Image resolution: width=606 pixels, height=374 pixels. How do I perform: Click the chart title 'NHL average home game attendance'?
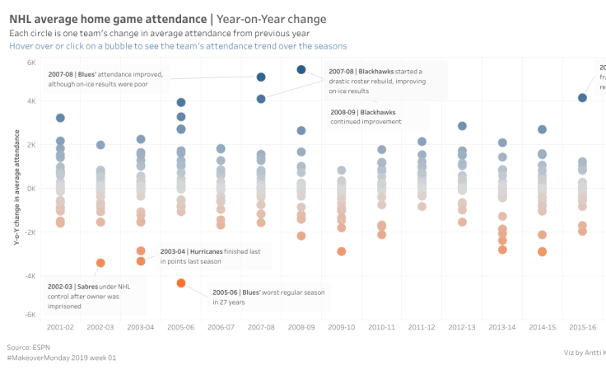point(107,19)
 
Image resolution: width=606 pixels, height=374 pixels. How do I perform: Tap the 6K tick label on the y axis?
point(30,63)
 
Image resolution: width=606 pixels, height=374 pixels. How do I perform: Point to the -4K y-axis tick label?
point(29,276)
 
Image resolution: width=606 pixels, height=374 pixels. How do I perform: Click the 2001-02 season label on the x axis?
point(60,327)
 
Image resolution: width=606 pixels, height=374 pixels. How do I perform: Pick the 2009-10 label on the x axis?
point(341,327)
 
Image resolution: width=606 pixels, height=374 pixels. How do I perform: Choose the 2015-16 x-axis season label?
point(582,327)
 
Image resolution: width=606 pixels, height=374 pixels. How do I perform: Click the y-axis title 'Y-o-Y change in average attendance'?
point(16,189)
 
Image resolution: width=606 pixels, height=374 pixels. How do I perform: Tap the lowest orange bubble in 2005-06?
point(181,283)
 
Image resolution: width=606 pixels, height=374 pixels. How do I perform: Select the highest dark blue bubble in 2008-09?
point(301,70)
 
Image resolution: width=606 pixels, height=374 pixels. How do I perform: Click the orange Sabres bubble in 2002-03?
point(100,263)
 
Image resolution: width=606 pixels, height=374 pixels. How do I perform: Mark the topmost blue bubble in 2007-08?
point(261,77)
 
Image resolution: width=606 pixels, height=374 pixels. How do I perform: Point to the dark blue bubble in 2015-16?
point(582,98)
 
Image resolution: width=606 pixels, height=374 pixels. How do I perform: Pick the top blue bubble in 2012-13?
point(462,126)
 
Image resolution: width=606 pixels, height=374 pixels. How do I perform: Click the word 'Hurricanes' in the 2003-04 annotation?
point(214,250)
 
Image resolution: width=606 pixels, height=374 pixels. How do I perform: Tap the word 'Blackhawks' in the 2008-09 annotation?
point(378,111)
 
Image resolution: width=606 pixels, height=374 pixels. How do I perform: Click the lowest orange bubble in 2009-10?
point(341,251)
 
